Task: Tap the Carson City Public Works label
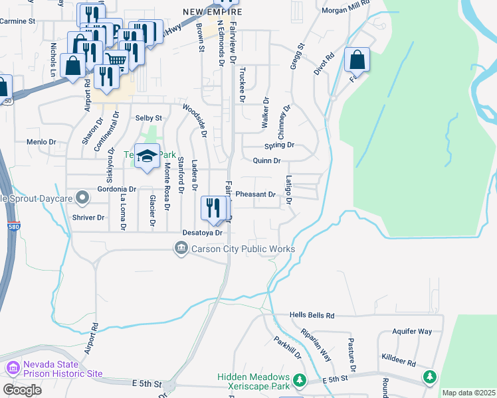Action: point(243,249)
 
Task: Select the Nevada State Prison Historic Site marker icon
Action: point(12,367)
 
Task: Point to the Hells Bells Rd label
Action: point(312,316)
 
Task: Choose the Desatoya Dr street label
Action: point(202,233)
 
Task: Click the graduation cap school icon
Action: point(148,157)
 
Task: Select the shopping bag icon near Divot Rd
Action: point(357,60)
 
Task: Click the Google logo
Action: point(22,389)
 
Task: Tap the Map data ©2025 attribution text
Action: point(468,393)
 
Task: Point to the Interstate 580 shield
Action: point(13,226)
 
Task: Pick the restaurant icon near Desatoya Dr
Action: point(213,208)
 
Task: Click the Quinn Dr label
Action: point(267,161)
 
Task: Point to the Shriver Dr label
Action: point(88,217)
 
